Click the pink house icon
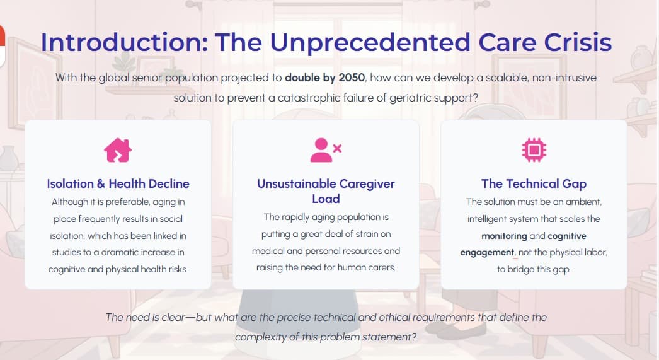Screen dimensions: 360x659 118,149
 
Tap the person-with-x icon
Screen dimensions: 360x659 326,149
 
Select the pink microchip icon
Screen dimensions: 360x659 534,149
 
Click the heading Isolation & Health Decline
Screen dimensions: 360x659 118,183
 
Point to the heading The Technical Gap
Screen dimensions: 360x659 534,183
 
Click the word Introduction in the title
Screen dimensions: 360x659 123,42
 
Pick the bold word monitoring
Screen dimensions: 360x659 504,236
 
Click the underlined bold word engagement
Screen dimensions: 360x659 487,252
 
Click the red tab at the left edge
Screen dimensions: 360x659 2,45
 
